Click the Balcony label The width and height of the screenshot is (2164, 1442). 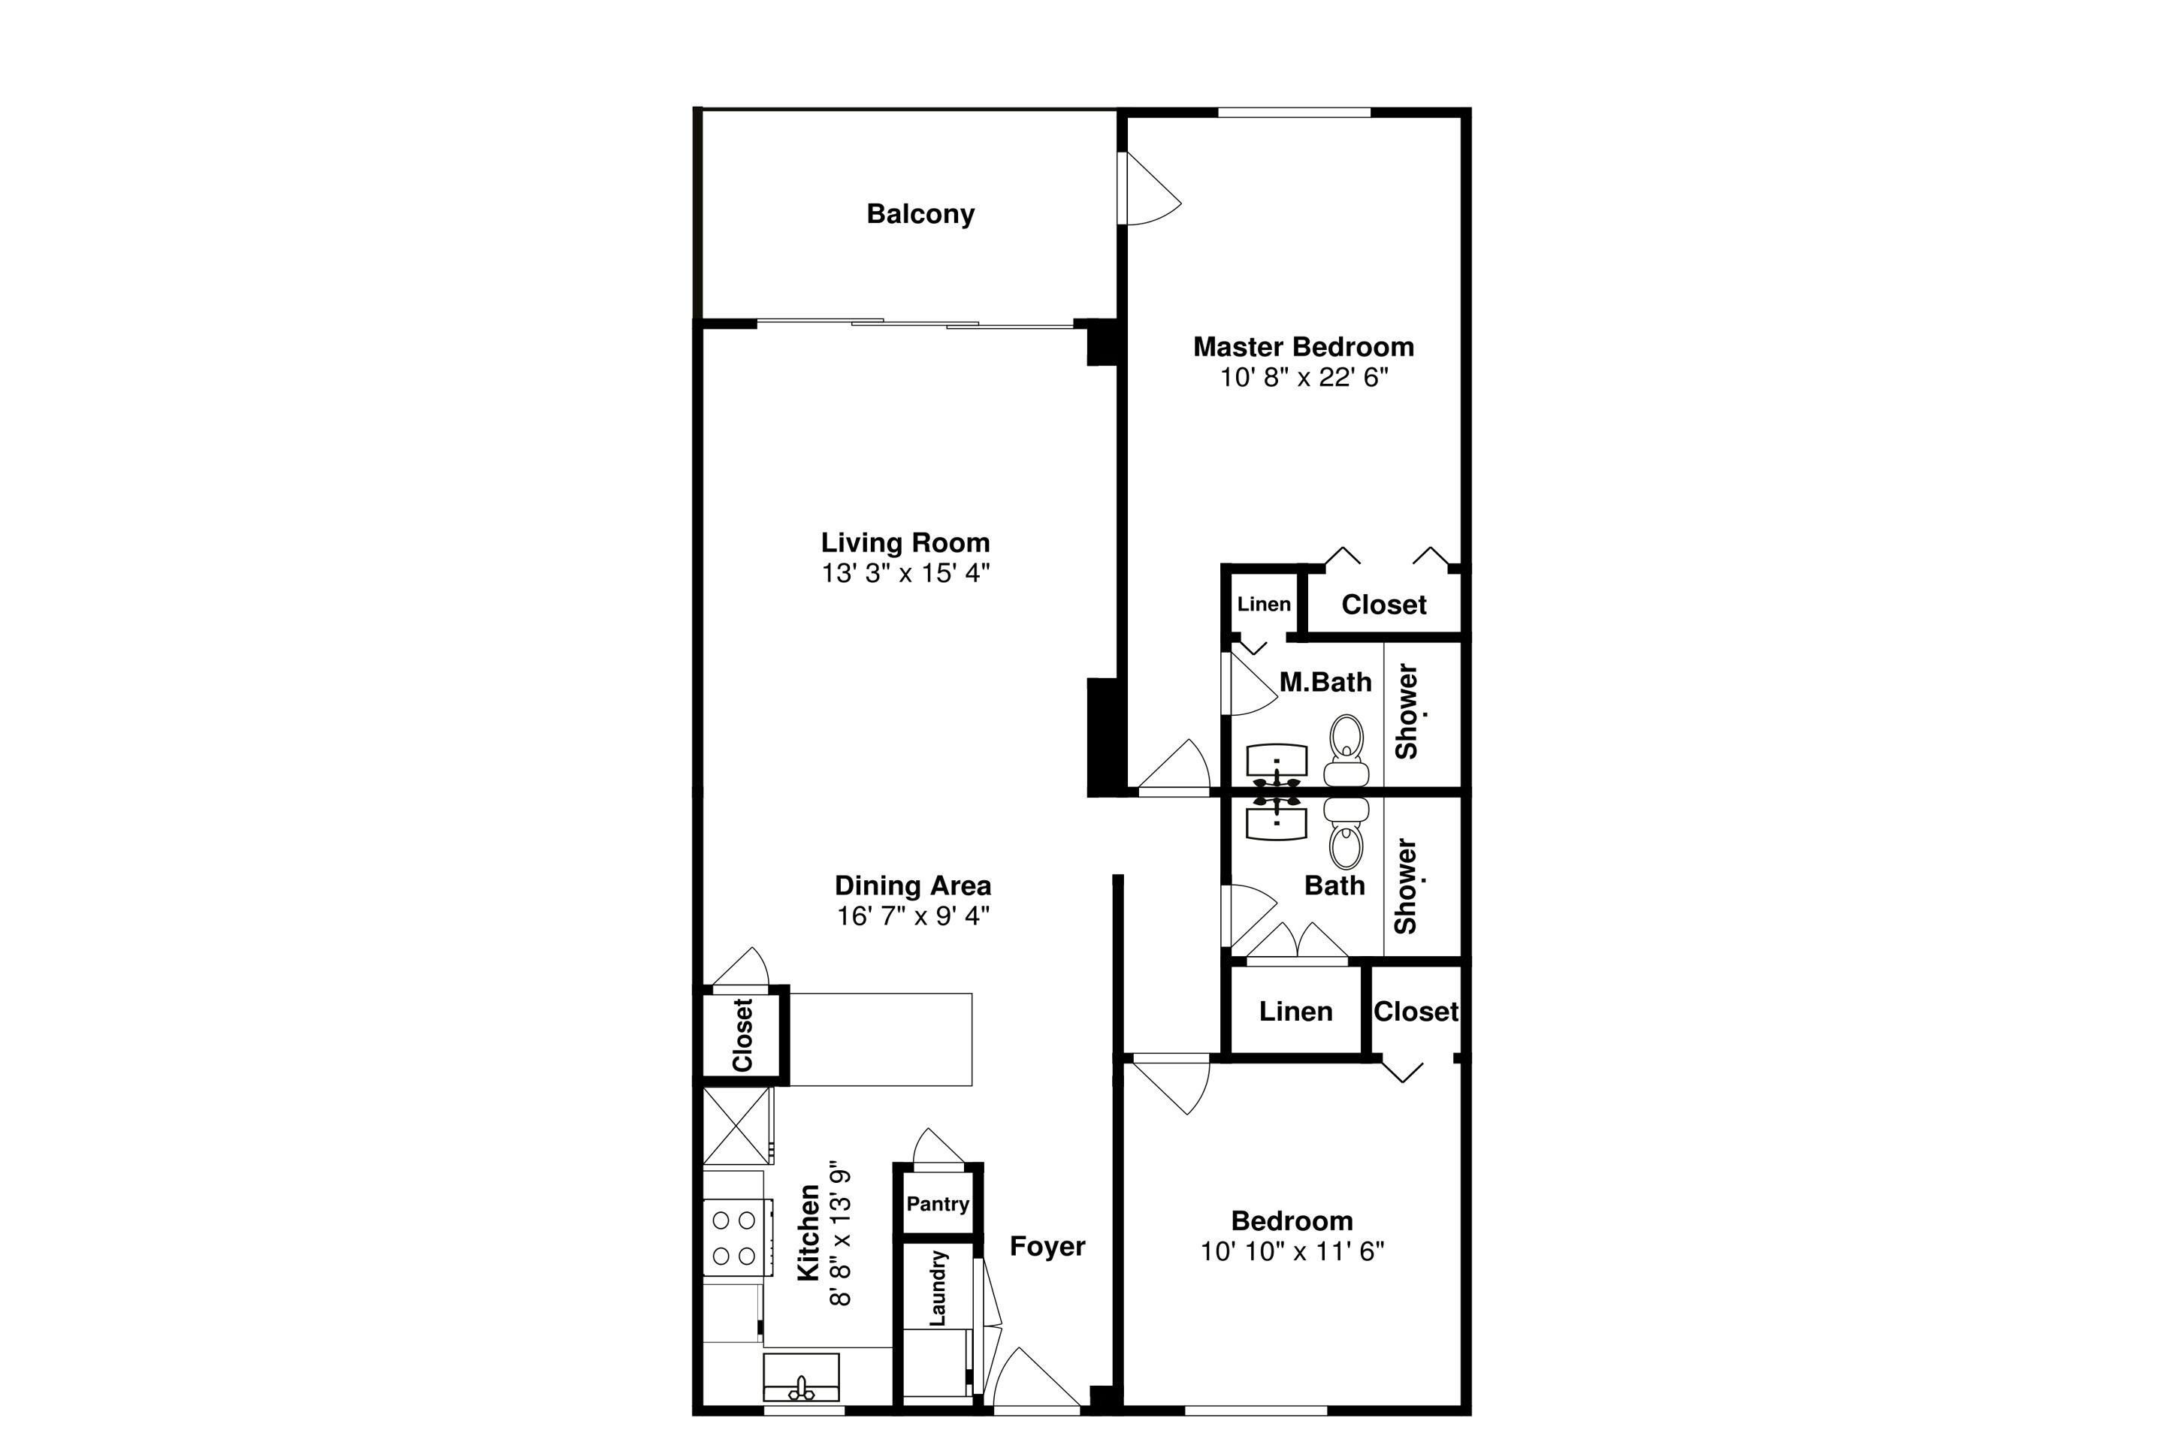tap(920, 214)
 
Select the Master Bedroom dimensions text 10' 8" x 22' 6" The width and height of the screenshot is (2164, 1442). tap(1304, 378)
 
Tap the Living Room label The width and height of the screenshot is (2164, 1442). tap(905, 542)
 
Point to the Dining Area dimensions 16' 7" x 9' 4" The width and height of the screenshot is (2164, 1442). tap(913, 916)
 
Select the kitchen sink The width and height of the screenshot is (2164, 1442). tap(800, 1377)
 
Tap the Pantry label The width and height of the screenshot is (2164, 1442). tap(938, 1204)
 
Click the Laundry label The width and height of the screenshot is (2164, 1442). tap(938, 1287)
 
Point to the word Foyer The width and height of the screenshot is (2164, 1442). tap(1047, 1246)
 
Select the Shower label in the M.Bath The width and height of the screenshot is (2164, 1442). tap(1407, 711)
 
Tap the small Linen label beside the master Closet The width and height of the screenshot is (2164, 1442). tap(1263, 604)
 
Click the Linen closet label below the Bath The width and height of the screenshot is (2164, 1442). tap(1295, 1012)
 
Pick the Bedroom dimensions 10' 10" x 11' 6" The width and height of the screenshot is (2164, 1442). tap(1292, 1252)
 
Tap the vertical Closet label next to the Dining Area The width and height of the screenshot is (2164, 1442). tap(742, 1035)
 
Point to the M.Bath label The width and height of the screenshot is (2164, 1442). tap(1325, 683)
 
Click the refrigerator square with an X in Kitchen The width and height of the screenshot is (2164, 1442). tap(736, 1126)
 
